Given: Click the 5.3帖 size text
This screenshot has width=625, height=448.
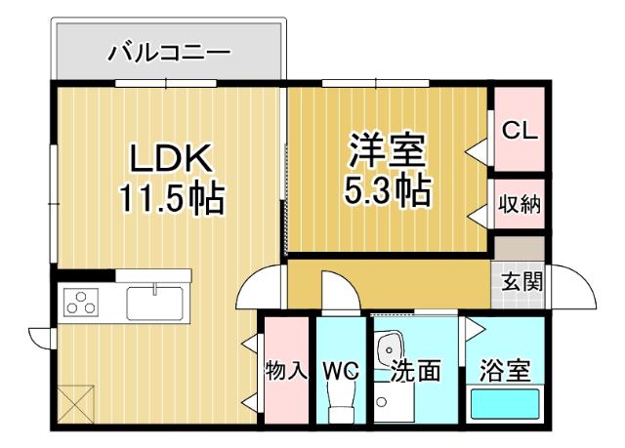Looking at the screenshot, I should (x=387, y=191).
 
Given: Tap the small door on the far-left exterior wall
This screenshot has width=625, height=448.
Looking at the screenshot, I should (x=41, y=338).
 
